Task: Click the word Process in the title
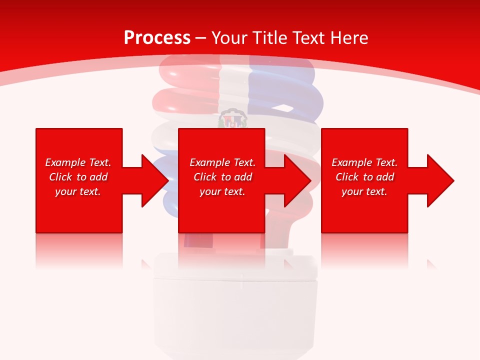point(157,37)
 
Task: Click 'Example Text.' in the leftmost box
point(78,162)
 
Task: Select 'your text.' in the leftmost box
point(78,191)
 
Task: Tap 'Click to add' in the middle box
point(222,177)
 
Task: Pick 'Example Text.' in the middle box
point(222,162)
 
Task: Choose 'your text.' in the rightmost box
point(364,191)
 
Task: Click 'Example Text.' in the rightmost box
point(364,162)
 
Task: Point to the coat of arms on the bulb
point(233,118)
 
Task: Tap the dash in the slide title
point(201,38)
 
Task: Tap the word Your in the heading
point(229,37)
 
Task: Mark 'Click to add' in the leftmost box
point(78,177)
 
